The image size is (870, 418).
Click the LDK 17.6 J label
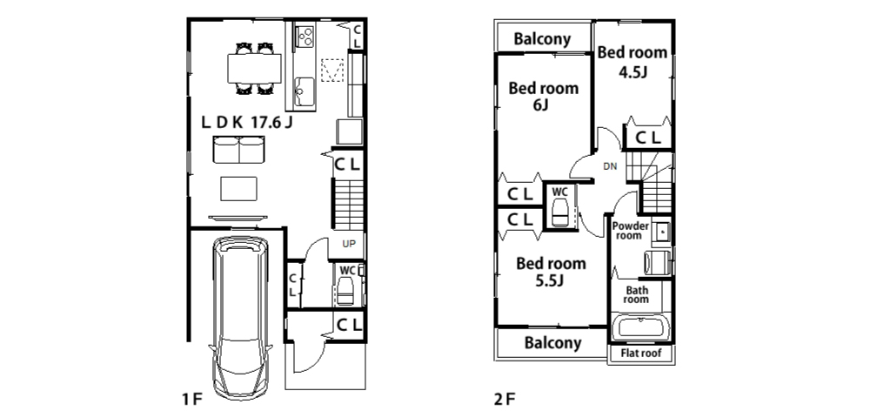point(247,123)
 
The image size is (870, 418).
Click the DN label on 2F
point(612,166)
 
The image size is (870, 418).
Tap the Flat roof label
point(640,354)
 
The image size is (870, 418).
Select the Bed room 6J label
point(543,96)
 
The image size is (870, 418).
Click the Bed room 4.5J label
point(632,62)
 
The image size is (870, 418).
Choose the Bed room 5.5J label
point(551,271)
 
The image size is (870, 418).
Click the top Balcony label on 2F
point(542,38)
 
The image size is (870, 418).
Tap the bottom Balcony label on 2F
point(552,342)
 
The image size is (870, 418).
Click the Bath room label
point(635,294)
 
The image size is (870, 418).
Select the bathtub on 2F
point(639,329)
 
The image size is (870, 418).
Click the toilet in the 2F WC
point(559,212)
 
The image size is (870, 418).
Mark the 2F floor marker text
point(505,400)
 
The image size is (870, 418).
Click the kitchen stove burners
point(304,36)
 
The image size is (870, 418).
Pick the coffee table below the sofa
point(238,188)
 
